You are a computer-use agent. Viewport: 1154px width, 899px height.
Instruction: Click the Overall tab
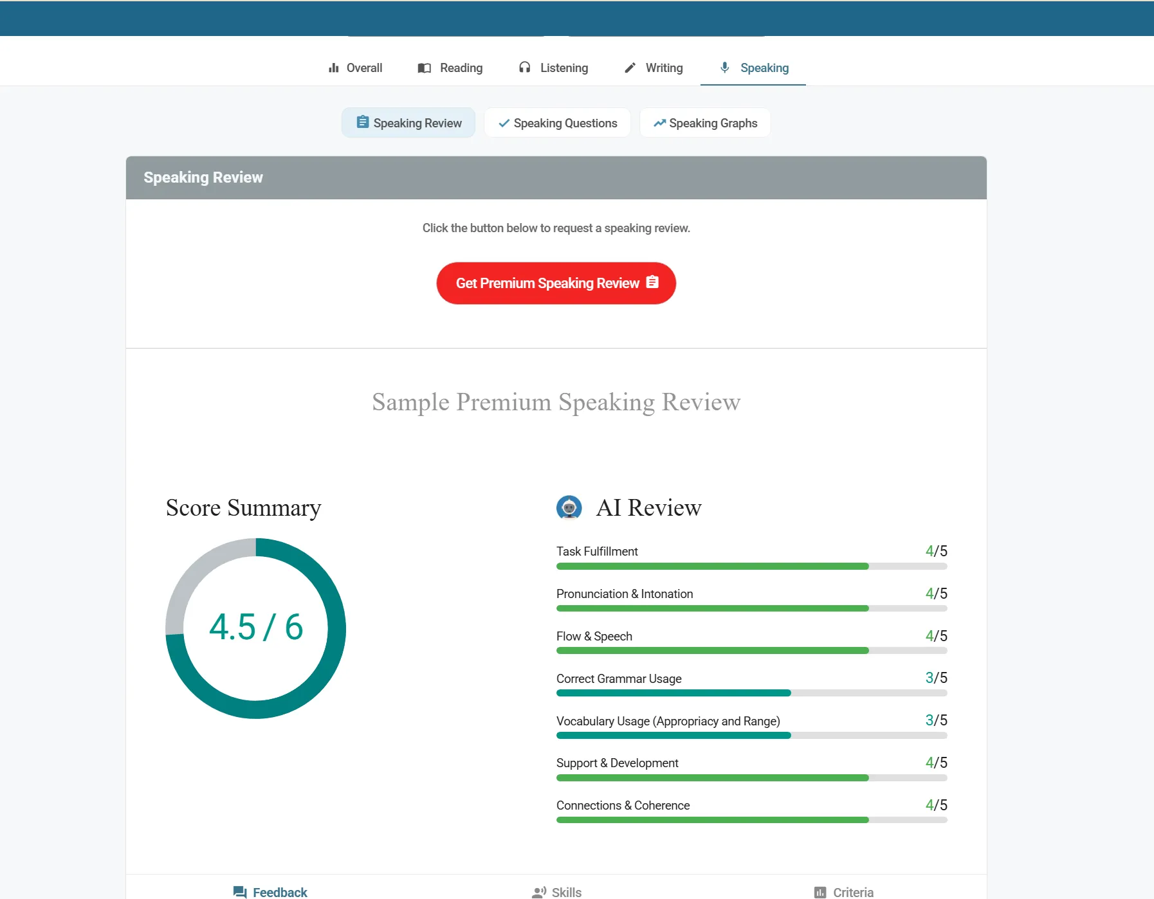pyautogui.click(x=355, y=68)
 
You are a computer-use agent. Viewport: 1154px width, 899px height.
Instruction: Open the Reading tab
pyautogui.click(x=450, y=68)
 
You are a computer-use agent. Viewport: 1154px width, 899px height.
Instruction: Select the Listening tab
pyautogui.click(x=553, y=68)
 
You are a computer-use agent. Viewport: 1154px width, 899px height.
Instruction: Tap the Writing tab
pyautogui.click(x=654, y=68)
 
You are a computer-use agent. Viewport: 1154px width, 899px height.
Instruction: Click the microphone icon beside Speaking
pyautogui.click(x=725, y=68)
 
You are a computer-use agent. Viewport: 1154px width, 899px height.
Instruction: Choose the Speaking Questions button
pyautogui.click(x=558, y=123)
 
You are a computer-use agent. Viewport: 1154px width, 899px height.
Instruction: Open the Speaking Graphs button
pyautogui.click(x=705, y=123)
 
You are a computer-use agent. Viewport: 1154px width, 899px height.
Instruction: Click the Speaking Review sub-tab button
pyautogui.click(x=408, y=123)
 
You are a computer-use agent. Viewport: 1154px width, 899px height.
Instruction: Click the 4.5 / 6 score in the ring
pyautogui.click(x=256, y=627)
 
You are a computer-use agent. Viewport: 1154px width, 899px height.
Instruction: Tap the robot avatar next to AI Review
pyautogui.click(x=569, y=507)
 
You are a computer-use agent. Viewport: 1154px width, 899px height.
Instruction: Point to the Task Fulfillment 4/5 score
pyautogui.click(x=936, y=551)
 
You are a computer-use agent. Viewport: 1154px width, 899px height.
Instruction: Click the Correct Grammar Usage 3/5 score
pyautogui.click(x=936, y=678)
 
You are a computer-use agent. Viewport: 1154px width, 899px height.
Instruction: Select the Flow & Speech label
pyautogui.click(x=594, y=636)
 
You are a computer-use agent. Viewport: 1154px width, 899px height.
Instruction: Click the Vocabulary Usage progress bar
pyautogui.click(x=751, y=736)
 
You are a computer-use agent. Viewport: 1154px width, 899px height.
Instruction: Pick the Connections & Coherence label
pyautogui.click(x=623, y=805)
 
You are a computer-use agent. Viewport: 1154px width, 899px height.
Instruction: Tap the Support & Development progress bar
pyautogui.click(x=751, y=778)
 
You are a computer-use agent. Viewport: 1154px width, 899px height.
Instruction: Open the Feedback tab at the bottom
pyautogui.click(x=270, y=892)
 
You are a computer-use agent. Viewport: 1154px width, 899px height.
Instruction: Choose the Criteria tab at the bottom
pyautogui.click(x=843, y=892)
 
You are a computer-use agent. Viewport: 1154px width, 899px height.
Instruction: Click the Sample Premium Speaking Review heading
pyautogui.click(x=556, y=402)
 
